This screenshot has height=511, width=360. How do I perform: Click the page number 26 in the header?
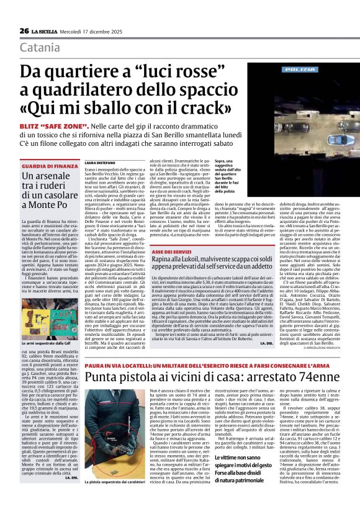point(24,31)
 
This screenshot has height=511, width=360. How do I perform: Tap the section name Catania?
point(40,47)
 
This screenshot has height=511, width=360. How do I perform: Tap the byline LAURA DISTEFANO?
point(101,162)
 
